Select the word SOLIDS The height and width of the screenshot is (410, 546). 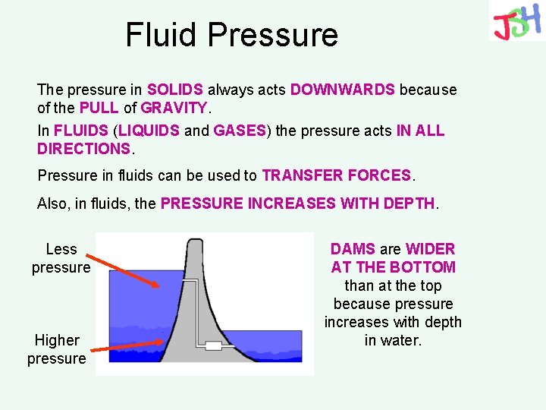175,90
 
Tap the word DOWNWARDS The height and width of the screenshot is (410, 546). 343,90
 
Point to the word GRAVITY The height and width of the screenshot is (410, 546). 174,108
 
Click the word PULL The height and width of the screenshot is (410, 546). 99,108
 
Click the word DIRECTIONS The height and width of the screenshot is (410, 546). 83,149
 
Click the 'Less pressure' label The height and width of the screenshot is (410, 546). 61,258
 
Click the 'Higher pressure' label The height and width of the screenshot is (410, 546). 57,349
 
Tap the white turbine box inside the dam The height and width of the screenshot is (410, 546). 214,345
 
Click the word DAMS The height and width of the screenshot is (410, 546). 353,249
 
